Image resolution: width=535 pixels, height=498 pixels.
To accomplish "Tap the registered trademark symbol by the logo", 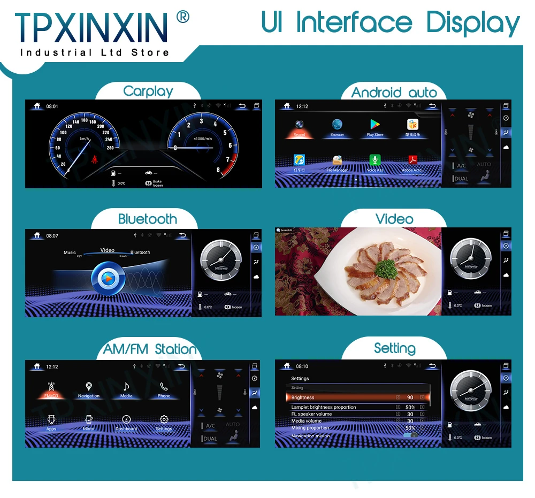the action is (182, 18).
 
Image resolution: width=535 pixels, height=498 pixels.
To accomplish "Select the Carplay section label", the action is (148, 91).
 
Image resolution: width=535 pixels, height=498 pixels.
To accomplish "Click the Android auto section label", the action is (394, 93).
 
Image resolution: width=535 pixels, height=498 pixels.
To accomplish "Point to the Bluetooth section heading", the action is (148, 219).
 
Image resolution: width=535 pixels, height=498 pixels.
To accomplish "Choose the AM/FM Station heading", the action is (150, 350).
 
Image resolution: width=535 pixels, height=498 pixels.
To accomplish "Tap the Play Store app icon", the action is (374, 125).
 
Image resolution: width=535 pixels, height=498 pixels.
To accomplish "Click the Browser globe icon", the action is (337, 125).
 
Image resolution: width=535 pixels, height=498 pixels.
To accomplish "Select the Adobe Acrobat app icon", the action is (412, 160).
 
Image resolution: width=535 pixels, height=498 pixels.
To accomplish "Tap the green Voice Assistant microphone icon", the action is (375, 160).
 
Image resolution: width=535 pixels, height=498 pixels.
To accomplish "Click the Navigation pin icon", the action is (89, 386).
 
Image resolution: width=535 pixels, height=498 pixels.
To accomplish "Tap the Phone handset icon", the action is (164, 386).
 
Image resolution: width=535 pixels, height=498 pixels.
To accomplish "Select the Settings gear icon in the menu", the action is (164, 419).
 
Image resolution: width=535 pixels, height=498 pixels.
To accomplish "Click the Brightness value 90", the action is (410, 397).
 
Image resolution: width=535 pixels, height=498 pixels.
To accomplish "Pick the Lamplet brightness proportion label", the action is (323, 408).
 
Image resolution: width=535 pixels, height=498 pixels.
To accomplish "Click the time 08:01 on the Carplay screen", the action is (52, 106).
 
